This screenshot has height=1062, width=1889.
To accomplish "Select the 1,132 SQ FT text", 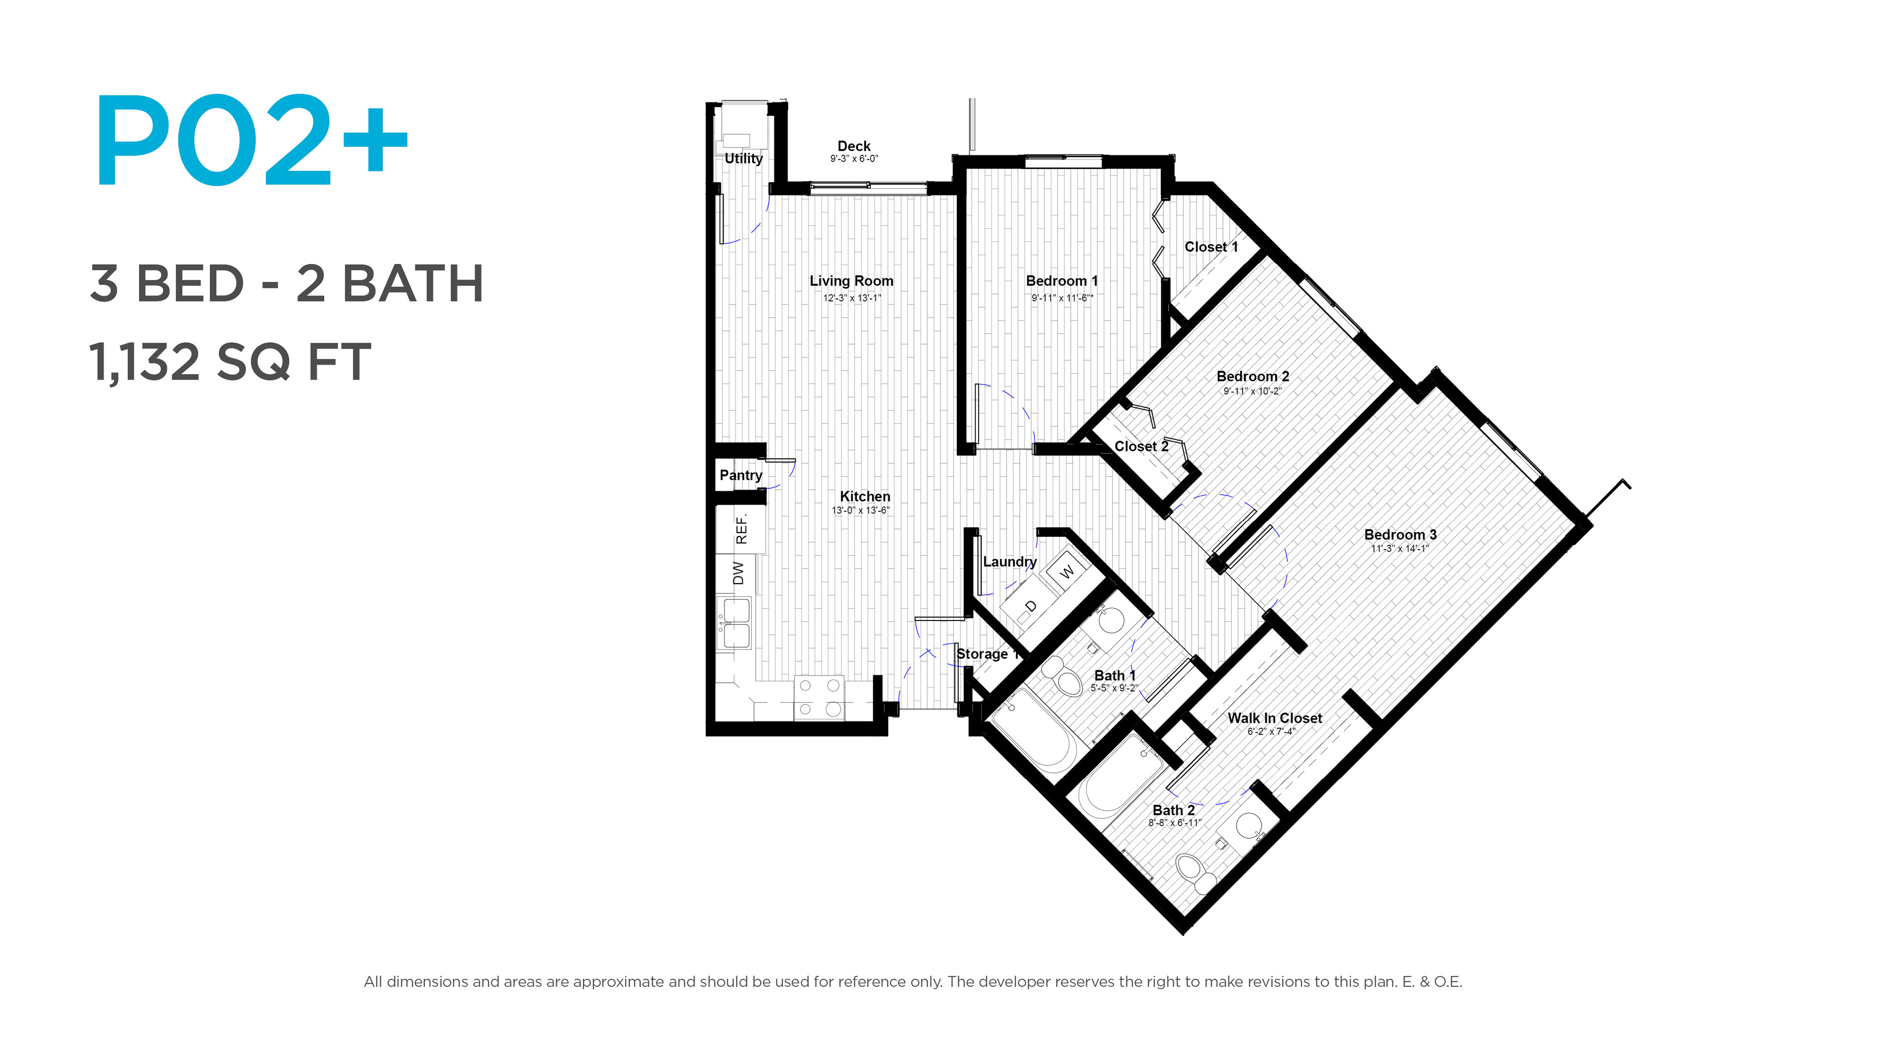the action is click(x=230, y=361).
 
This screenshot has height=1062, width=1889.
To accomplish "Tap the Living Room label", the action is click(x=852, y=281).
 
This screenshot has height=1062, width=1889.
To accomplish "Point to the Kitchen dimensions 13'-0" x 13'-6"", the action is click(x=860, y=510).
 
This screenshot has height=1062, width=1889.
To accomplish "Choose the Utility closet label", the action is click(x=744, y=158).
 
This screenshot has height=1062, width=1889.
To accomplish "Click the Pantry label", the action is click(x=741, y=475).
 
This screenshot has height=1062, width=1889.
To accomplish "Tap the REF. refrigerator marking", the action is click(x=741, y=529).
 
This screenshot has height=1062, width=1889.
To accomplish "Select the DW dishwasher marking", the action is click(x=738, y=573).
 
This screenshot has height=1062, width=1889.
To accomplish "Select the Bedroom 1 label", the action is click(x=1062, y=281).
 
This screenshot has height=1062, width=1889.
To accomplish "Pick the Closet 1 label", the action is click(x=1211, y=247).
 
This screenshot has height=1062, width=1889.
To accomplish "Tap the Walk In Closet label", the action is click(x=1275, y=718).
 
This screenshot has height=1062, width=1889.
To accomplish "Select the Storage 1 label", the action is click(x=987, y=654).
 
